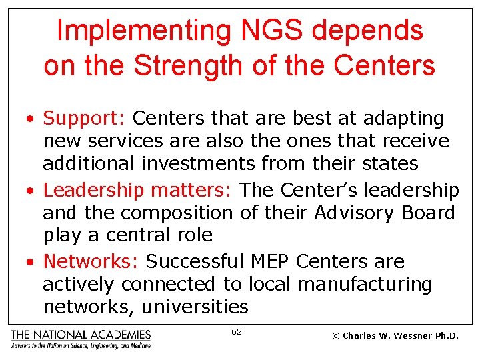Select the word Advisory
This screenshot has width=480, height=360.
[357, 213]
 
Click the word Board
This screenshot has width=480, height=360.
[430, 213]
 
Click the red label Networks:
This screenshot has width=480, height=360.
[91, 262]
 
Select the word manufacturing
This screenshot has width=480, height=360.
[365, 285]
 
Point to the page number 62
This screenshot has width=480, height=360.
[237, 331]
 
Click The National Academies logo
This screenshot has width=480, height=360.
[81, 338]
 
